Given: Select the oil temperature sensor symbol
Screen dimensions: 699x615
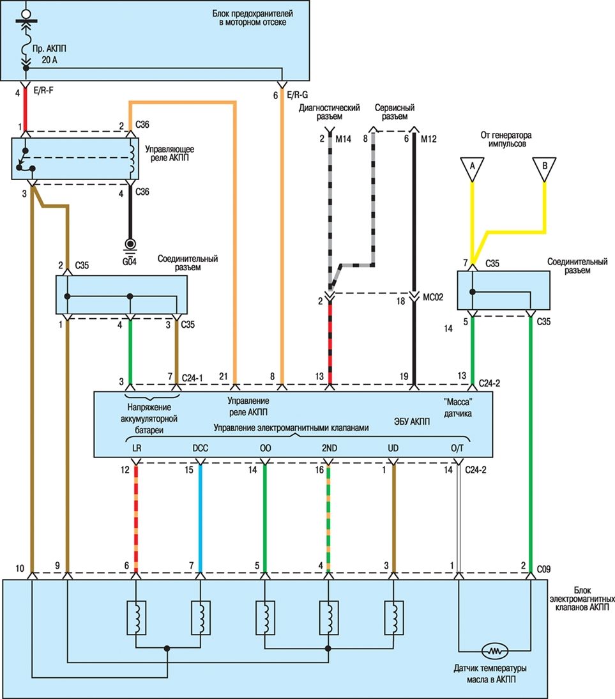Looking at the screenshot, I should point(495,651).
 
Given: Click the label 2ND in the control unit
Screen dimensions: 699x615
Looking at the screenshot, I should point(329,449).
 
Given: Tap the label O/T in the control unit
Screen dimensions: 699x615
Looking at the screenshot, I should point(457,449).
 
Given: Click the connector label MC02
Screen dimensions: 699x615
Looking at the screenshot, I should point(434,298).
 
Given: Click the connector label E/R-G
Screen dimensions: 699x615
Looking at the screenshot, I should point(298,95).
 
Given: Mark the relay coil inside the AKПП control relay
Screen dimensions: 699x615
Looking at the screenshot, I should point(132,160).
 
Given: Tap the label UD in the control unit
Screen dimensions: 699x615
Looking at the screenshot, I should point(393,449).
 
